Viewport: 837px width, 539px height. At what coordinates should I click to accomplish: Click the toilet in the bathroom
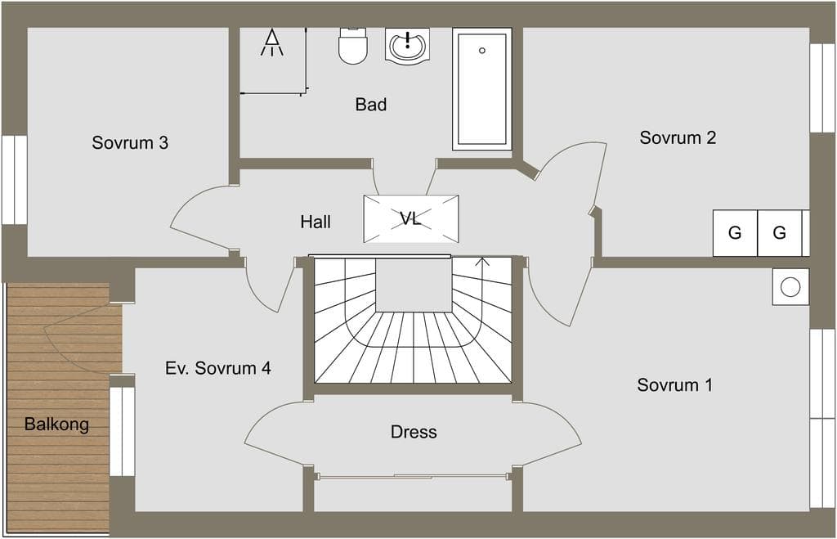[x=353, y=46]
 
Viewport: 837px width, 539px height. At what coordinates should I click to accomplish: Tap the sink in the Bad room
[x=407, y=44]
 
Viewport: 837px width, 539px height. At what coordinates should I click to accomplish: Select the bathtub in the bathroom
[x=482, y=89]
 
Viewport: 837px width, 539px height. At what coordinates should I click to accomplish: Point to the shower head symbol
[x=272, y=43]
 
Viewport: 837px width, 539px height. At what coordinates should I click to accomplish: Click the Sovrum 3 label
[x=130, y=142]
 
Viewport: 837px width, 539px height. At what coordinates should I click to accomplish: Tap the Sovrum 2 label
[x=678, y=137]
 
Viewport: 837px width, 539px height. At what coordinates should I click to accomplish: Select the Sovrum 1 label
[x=674, y=384]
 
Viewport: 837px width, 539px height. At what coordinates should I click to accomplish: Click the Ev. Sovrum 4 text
[x=217, y=368]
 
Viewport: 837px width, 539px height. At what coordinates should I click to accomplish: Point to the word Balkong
[x=56, y=424]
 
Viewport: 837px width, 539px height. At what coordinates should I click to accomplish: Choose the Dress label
[x=414, y=432]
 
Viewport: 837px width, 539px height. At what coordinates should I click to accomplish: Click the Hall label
[x=316, y=222]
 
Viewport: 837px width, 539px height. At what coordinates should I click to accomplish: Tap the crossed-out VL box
[x=411, y=218]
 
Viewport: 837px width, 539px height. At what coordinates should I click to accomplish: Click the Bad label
[x=371, y=104]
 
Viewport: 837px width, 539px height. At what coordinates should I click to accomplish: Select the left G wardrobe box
[x=735, y=233]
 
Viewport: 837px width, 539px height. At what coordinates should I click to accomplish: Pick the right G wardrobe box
[x=779, y=233]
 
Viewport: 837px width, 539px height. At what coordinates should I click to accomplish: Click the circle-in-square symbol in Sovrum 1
[x=790, y=287]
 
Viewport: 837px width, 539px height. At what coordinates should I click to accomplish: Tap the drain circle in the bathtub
[x=482, y=51]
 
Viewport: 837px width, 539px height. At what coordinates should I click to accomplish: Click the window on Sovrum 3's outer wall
[x=15, y=180]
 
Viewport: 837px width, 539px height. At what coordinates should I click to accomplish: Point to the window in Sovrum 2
[x=822, y=88]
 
